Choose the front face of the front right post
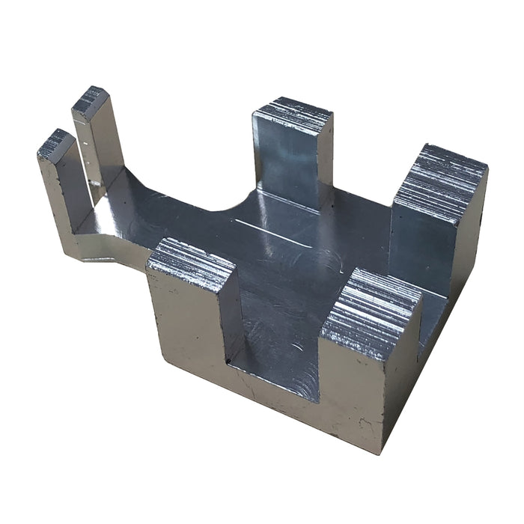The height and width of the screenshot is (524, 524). point(352,389)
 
